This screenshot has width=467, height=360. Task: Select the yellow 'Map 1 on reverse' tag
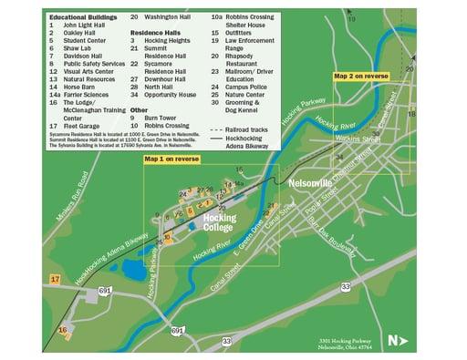pyautogui.click(x=171, y=159)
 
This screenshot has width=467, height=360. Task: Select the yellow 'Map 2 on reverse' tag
pyautogui.click(x=361, y=77)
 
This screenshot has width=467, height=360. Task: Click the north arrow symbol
pyautogui.click(x=396, y=341)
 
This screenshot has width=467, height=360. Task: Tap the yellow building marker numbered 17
pyautogui.click(x=56, y=279)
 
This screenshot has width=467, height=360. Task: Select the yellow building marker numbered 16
pyautogui.click(x=63, y=330)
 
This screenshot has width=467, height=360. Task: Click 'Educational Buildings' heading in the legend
pyautogui.click(x=84, y=16)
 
